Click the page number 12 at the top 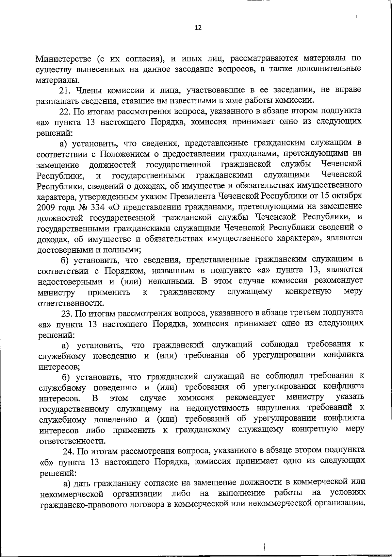tap(198, 28)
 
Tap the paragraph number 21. tap(67, 90)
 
